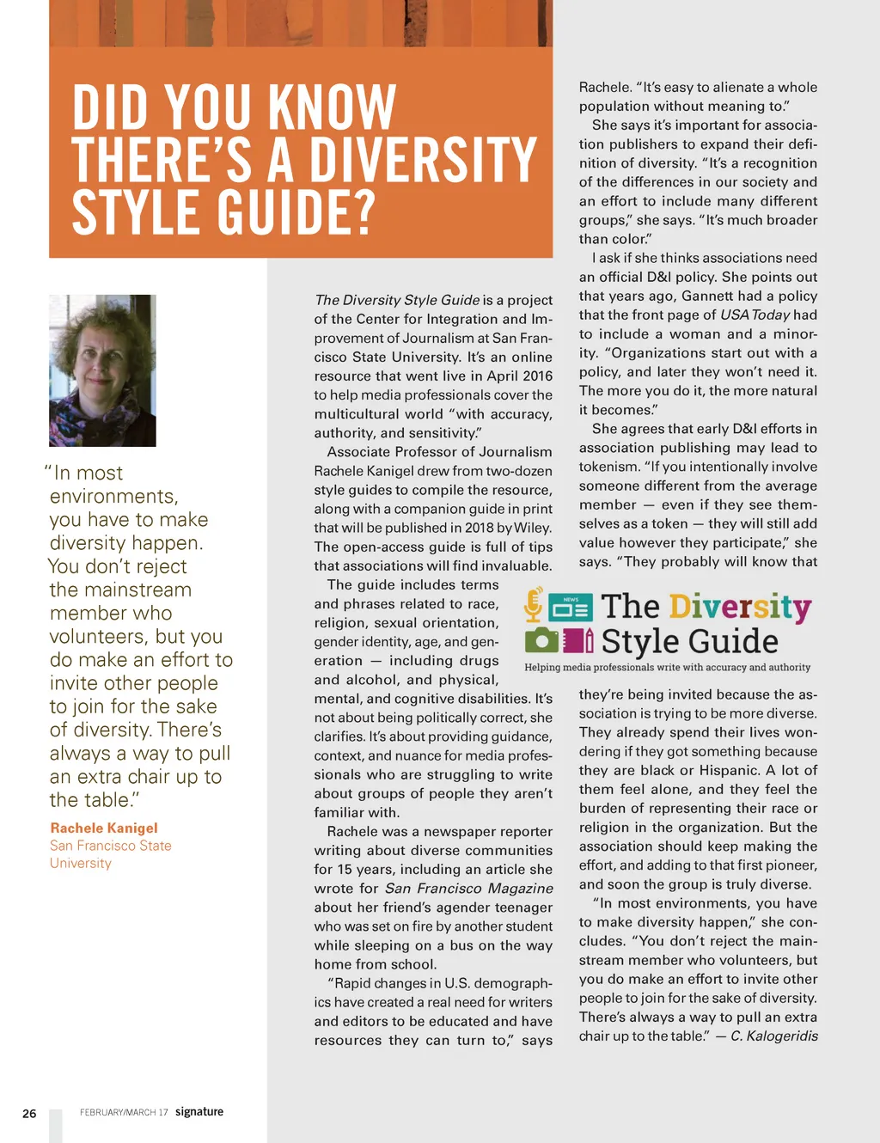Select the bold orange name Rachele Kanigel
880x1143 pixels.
click(x=104, y=828)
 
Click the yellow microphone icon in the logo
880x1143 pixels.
click(x=534, y=604)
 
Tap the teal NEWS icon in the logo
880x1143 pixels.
click(x=571, y=607)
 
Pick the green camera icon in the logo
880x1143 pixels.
click(x=541, y=640)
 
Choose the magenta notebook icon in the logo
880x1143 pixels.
click(x=578, y=640)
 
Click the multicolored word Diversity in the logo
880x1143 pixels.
click(x=740, y=607)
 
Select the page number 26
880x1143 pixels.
click(x=29, y=1114)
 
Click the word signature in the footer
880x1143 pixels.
click(x=199, y=1111)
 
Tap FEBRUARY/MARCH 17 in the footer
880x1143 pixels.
click(x=124, y=1112)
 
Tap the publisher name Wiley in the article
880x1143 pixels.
click(x=532, y=528)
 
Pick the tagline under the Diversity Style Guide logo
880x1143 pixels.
click(x=667, y=667)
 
